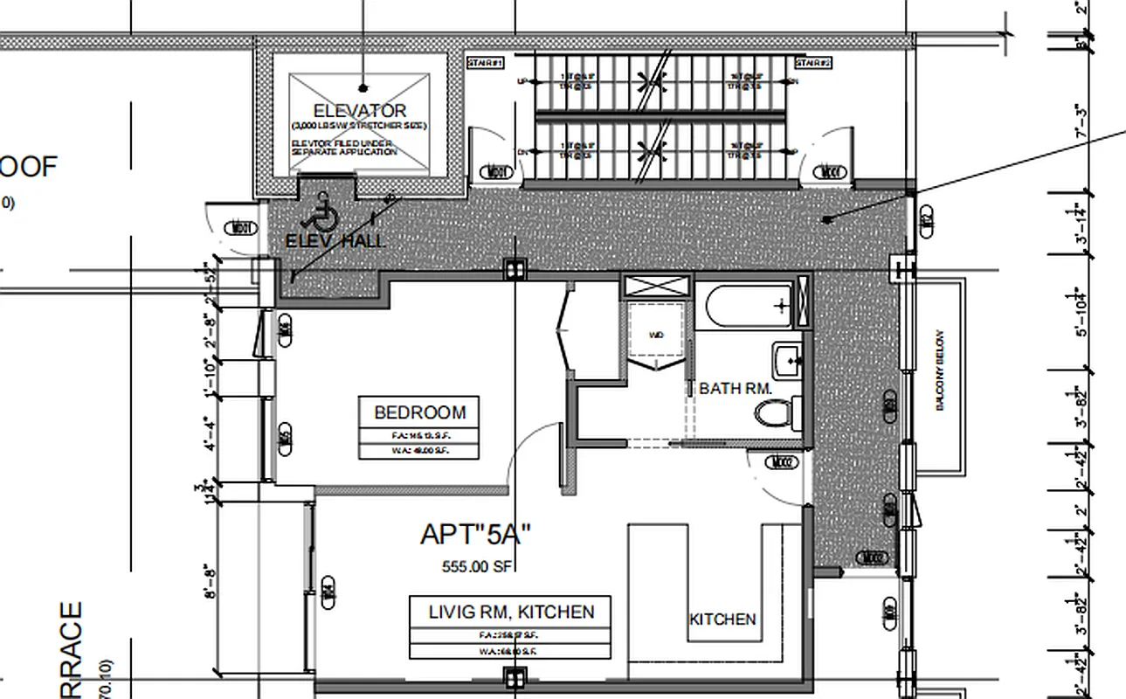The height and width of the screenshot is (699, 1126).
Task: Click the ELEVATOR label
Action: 360,111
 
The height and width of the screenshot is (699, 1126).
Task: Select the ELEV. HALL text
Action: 335,241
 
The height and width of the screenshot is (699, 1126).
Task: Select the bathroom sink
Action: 788,359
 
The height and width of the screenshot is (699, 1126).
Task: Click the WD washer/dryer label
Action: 655,335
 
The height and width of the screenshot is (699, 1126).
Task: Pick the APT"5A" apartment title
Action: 476,534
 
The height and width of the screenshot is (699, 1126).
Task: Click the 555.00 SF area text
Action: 477,566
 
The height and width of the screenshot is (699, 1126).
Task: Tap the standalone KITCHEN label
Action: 722,619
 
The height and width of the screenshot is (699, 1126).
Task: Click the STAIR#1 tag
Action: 487,63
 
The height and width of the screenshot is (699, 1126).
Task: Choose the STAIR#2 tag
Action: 813,63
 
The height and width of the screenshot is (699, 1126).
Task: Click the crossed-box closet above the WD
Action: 656,287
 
